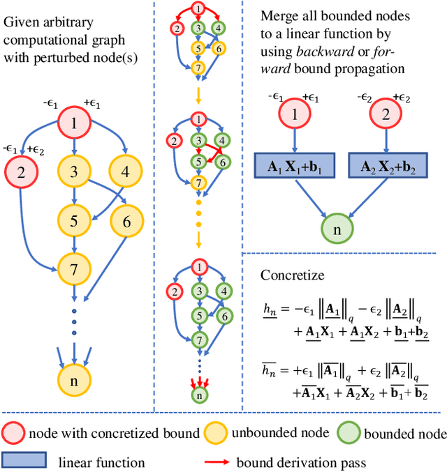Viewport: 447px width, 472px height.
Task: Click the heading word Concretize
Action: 293,275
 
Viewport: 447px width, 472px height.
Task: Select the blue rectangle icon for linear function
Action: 24,460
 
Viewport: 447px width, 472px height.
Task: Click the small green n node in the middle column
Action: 200,394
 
